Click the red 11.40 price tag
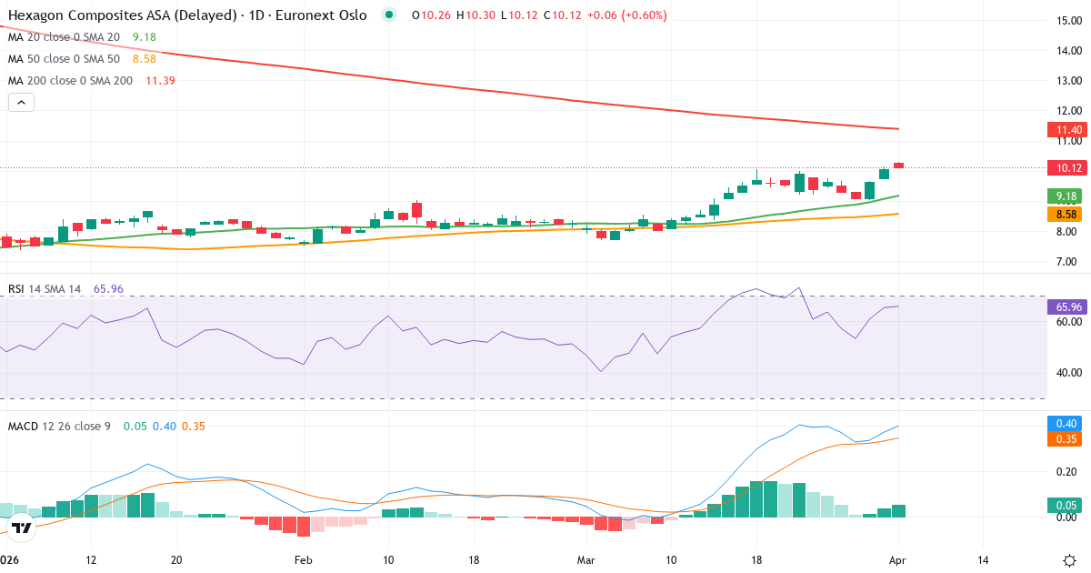[1063, 130]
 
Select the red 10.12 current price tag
[1063, 167]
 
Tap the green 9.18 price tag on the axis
[1063, 196]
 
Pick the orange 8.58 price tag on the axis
[1063, 214]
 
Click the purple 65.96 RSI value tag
[1063, 307]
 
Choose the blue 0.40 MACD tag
[1063, 423]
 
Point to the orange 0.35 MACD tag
[1063, 439]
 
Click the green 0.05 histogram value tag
[1063, 505]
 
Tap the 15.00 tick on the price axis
[1067, 20]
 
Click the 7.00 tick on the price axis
[1067, 262]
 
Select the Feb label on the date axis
[303, 559]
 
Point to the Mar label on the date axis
[586, 559]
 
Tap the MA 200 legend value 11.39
[160, 81]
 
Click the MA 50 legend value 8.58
[145, 59]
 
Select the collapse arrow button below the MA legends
[21, 103]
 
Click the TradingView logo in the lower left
[22, 527]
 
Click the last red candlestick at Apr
[898, 165]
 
